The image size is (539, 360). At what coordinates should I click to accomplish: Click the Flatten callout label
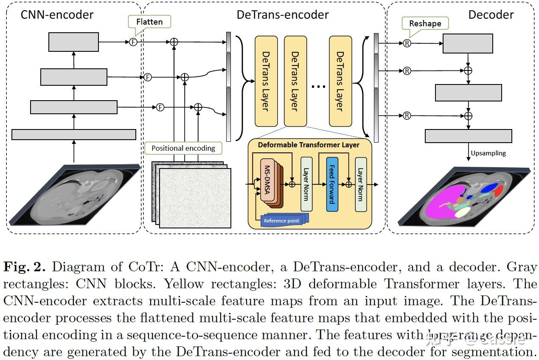[149, 21]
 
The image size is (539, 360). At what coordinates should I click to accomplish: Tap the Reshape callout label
[425, 23]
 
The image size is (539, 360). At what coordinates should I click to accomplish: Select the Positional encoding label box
[183, 148]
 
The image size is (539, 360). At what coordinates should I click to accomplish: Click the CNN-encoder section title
[57, 14]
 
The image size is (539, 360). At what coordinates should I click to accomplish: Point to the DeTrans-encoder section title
[282, 14]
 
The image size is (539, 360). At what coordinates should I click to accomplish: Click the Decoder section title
[491, 14]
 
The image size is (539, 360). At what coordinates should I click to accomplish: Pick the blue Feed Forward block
[332, 184]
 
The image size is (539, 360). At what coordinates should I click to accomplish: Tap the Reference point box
[281, 220]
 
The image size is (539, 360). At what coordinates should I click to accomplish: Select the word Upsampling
[488, 153]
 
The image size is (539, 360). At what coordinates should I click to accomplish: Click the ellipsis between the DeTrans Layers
[318, 87]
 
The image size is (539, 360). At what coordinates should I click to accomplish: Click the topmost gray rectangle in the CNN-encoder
[73, 42]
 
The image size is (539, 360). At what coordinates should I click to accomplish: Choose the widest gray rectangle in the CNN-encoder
[73, 135]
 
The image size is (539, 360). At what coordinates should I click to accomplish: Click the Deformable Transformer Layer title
[309, 145]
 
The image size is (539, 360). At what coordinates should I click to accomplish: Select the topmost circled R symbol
[407, 43]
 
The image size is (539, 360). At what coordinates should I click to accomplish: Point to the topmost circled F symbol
[133, 42]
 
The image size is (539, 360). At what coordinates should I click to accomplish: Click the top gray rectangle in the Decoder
[467, 43]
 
